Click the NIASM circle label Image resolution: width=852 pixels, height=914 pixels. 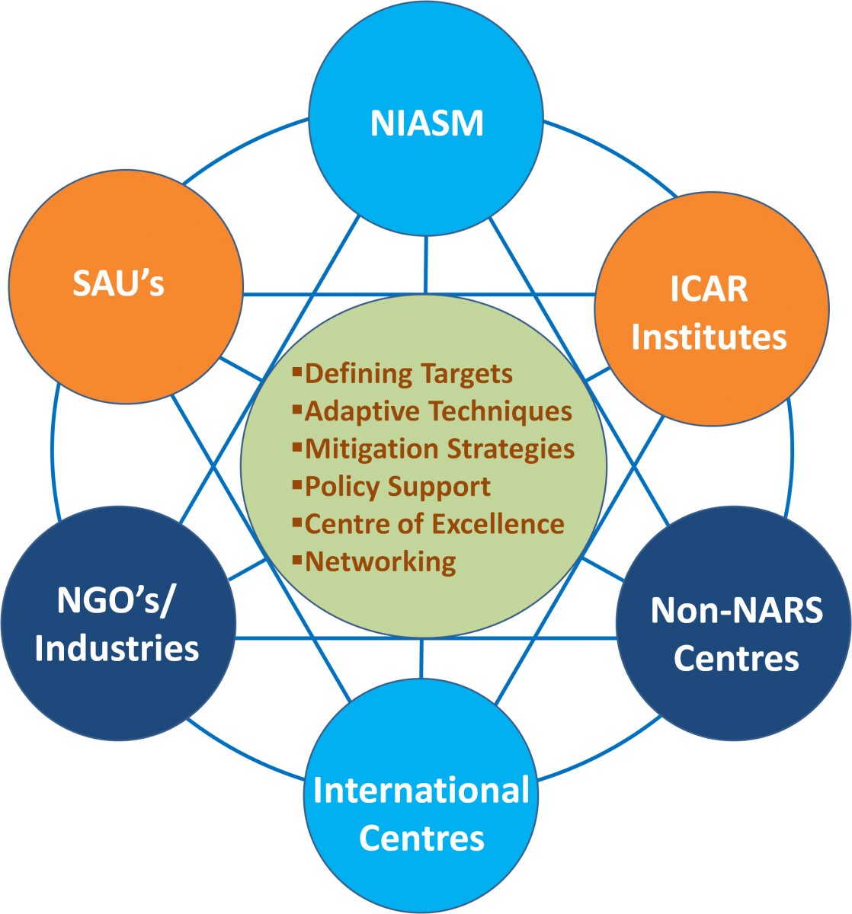point(427,124)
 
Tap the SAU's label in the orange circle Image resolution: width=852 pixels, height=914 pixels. point(119,283)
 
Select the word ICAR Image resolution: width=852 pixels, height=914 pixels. point(709,289)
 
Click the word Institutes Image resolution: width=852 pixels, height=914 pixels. point(709,337)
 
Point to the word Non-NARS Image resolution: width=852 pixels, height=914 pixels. point(736,611)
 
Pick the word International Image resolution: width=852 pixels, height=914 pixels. point(421,791)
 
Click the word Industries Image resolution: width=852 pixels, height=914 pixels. point(117,648)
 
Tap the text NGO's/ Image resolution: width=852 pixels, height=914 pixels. point(116,601)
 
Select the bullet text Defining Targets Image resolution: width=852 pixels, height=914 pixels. point(408,374)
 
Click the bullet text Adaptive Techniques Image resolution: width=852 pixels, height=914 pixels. point(438,411)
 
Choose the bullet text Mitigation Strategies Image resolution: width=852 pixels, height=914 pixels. point(440,449)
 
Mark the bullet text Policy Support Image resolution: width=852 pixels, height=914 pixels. point(398,486)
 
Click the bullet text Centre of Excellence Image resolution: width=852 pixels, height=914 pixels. point(434,524)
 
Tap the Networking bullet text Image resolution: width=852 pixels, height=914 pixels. point(380,562)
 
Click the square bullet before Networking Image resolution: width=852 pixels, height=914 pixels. point(297,561)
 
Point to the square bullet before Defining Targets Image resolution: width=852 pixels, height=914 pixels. point(297,372)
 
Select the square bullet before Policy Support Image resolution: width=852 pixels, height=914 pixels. point(297,484)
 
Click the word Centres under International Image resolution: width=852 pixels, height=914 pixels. point(421,839)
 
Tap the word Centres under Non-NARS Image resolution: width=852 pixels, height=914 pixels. point(736,658)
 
